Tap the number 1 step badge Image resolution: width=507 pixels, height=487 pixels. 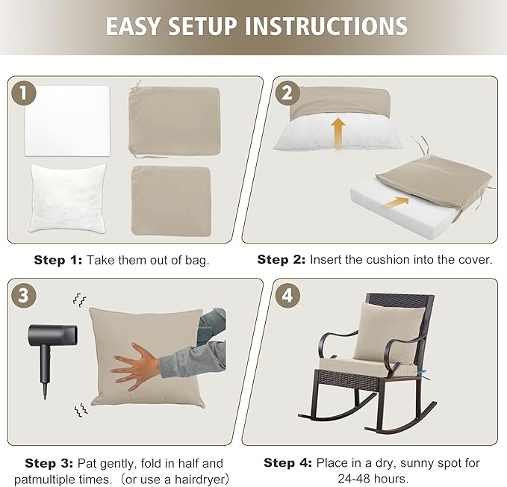[x=24, y=93]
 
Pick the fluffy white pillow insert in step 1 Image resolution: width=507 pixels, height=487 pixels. [x=67, y=196]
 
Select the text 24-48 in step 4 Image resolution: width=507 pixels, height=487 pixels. [x=358, y=478]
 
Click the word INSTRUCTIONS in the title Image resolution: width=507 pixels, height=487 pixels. [x=327, y=26]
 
